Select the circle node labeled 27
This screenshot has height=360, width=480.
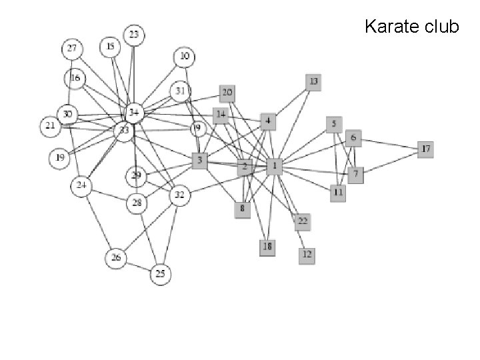pyautogui.click(x=72, y=49)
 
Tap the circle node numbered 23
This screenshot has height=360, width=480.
pyautogui.click(x=134, y=34)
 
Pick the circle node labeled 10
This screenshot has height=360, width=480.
pyautogui.click(x=185, y=57)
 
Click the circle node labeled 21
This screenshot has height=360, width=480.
pyautogui.click(x=49, y=125)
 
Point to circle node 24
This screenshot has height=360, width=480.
pyautogui.click(x=82, y=185)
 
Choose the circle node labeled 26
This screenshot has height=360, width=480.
pyautogui.click(x=117, y=258)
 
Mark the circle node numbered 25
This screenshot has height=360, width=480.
pyautogui.click(x=160, y=273)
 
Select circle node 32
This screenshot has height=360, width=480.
pyautogui.click(x=179, y=195)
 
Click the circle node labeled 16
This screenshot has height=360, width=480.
pyautogui.click(x=75, y=79)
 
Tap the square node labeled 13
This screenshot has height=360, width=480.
pyautogui.click(x=313, y=81)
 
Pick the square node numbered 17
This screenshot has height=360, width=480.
pyautogui.click(x=425, y=149)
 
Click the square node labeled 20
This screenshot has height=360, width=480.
pyautogui.click(x=227, y=93)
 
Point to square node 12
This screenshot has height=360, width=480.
pyautogui.click(x=307, y=254)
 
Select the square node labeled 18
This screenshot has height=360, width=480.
pyautogui.click(x=268, y=247)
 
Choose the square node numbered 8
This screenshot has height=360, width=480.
pyautogui.click(x=243, y=209)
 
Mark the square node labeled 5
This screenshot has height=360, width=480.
pyautogui.click(x=334, y=124)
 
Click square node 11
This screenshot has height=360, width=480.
pyautogui.click(x=339, y=192)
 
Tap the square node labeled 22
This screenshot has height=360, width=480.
pyautogui.click(x=303, y=221)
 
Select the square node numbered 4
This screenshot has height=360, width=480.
pyautogui.click(x=268, y=121)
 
